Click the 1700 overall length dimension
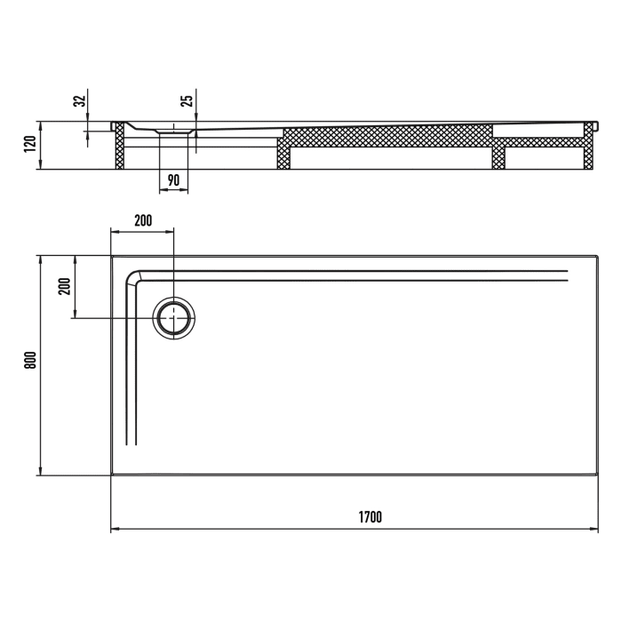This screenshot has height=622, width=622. click(371, 517)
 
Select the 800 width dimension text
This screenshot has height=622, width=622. click(28, 360)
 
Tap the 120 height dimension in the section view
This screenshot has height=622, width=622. click(28, 143)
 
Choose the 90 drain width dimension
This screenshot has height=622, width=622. click(173, 179)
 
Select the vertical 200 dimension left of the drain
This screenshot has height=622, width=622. click(64, 286)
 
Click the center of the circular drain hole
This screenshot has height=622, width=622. click(173, 317)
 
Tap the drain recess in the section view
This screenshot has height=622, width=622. click(173, 130)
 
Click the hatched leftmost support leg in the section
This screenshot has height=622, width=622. click(118, 147)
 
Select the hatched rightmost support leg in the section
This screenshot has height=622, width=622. click(588, 147)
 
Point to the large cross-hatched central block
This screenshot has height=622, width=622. click(387, 136)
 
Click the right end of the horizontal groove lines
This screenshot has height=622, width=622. click(566, 275)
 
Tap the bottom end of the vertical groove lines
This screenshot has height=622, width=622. click(132, 443)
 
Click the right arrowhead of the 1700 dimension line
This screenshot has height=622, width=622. click(595, 530)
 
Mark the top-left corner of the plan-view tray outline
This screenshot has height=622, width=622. click(111, 256)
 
